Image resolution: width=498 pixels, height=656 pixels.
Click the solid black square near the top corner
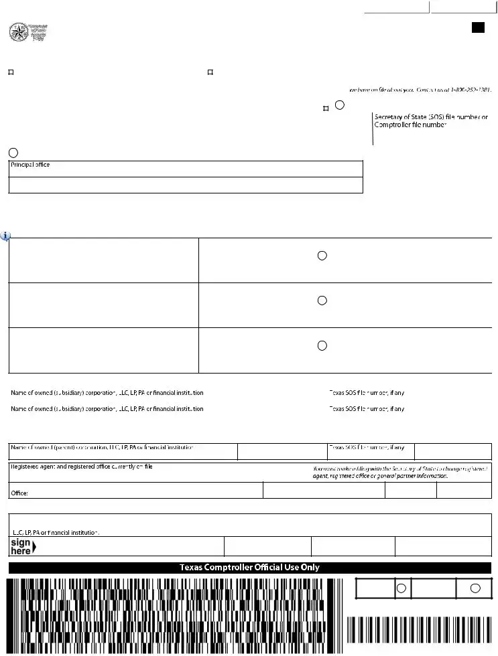point(478,27)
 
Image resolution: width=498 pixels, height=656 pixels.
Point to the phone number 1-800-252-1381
point(471,89)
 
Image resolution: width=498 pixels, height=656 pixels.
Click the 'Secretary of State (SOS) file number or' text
point(431,117)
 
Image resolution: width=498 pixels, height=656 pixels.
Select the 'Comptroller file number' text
point(410,125)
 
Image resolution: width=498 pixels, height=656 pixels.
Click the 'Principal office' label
point(30,165)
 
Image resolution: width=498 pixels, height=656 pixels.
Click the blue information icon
point(5,236)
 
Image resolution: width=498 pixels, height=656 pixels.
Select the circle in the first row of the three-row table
point(322,256)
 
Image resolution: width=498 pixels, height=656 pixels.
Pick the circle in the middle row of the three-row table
point(322,301)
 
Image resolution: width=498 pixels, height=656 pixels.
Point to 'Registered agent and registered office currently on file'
point(81,467)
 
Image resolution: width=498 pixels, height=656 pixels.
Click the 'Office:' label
point(19,493)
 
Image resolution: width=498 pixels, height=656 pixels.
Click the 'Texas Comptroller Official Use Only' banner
point(249,568)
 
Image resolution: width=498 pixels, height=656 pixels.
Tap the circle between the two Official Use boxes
point(401,588)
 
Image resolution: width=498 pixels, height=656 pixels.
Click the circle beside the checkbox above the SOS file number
point(340,105)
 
